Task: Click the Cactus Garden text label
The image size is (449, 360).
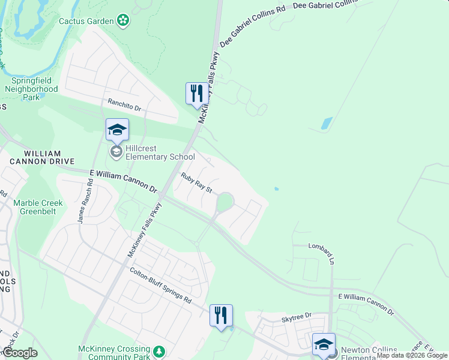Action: coord(86,21)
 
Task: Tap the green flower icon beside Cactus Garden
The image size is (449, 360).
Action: coord(123,21)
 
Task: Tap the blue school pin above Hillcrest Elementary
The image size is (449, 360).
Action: coord(117,130)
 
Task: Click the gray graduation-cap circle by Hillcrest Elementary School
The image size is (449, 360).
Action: coord(116,152)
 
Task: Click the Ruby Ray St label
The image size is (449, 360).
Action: coord(197,182)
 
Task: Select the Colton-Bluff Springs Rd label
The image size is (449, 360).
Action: coord(160,285)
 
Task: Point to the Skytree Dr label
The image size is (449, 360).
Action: coord(297,316)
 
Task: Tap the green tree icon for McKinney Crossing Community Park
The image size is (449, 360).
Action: coord(160,351)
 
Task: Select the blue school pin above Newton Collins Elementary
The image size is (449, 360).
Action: coord(324,344)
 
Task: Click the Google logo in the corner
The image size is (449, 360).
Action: coord(20,353)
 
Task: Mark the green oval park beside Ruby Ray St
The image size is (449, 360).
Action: coord(223,203)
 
